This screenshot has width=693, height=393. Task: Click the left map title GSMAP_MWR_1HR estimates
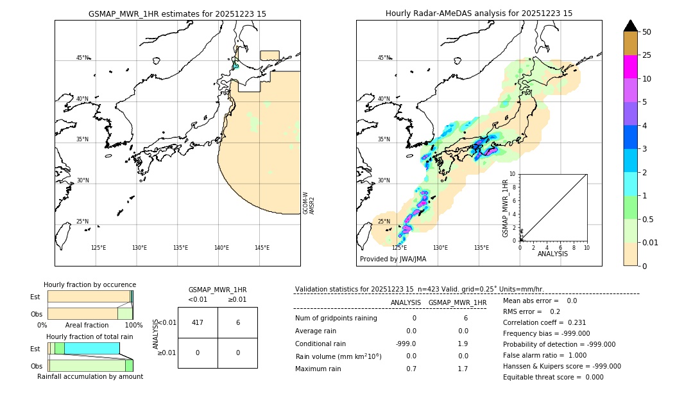click(177, 13)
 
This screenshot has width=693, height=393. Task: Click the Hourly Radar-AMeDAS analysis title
click(479, 13)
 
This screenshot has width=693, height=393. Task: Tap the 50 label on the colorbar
click(647, 32)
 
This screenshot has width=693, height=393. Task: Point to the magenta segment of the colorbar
click(630, 67)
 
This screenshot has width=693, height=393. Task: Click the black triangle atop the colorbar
click(630, 26)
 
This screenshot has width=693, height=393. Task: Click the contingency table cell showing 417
click(198, 322)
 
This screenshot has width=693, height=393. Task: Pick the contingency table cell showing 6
click(237, 322)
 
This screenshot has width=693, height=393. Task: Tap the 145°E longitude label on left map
click(262, 248)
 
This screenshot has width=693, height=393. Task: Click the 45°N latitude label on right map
click(384, 58)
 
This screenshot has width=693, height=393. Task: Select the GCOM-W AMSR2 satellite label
click(309, 202)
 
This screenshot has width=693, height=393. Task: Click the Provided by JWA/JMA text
click(393, 259)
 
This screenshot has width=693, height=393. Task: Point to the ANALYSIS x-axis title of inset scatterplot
click(552, 254)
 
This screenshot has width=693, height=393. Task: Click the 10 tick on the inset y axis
click(512, 174)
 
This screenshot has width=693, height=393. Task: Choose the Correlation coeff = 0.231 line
click(544, 322)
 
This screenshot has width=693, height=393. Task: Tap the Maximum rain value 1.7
click(462, 369)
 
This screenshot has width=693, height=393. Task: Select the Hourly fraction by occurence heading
click(90, 284)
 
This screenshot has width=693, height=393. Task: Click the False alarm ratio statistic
click(545, 355)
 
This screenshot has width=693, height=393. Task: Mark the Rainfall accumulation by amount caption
click(90, 376)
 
